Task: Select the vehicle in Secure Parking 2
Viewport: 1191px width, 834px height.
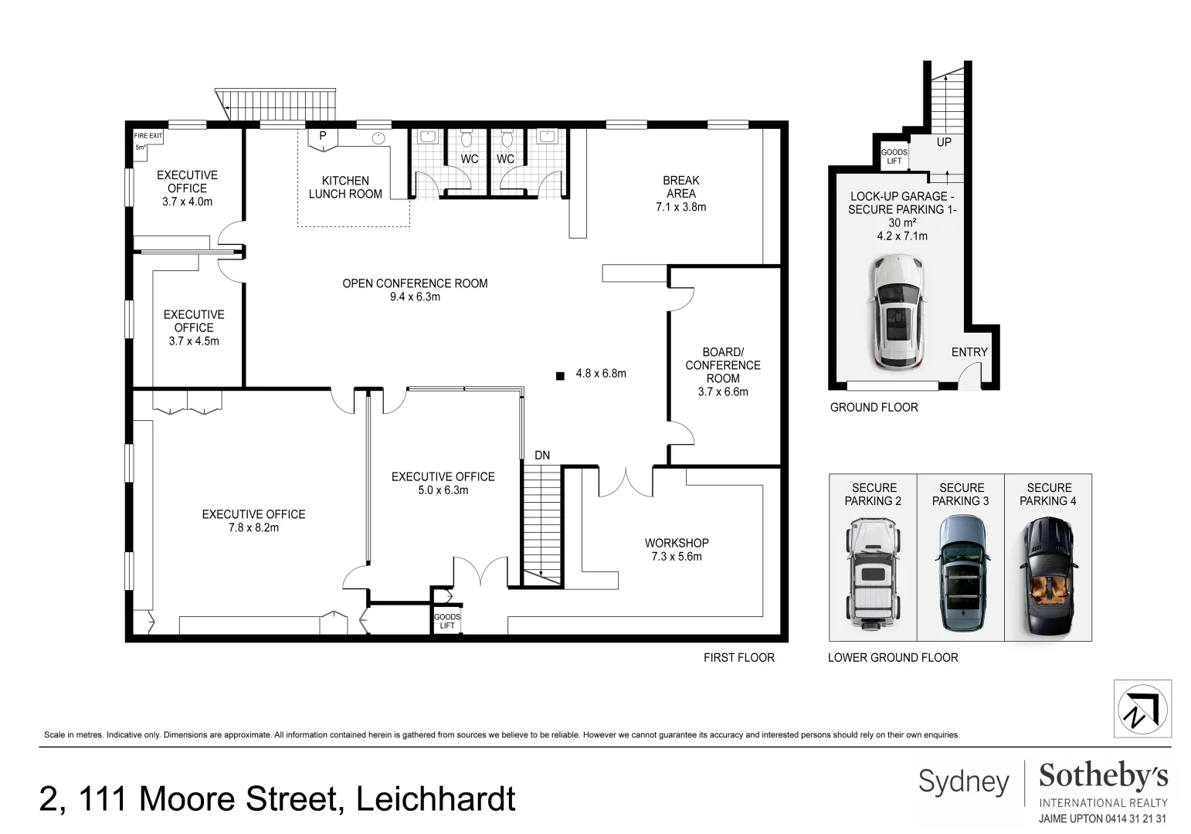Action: pos(873,575)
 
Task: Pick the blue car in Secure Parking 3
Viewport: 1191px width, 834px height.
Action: pos(961,574)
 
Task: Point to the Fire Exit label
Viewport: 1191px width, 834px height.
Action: pos(148,136)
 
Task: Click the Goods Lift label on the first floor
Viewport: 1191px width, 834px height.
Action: pos(446,621)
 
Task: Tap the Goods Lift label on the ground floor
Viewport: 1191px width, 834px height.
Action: pos(894,157)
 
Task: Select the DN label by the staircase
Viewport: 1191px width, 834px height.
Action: pos(542,456)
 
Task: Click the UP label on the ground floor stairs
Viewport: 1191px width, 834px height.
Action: pos(944,142)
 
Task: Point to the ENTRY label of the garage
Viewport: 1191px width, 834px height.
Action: pos(969,352)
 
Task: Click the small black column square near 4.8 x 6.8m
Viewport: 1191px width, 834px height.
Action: pos(559,376)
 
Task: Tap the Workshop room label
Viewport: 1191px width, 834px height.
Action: pos(677,543)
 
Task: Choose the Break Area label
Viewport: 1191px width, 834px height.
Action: pos(680,187)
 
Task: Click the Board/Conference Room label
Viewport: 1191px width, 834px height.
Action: pos(723,364)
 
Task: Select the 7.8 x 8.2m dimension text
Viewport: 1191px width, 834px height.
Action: pos(253,527)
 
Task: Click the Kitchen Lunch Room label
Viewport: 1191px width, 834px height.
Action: pos(345,187)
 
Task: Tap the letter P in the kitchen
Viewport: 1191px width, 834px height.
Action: pos(323,136)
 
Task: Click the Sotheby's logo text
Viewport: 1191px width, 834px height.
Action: pos(1103,775)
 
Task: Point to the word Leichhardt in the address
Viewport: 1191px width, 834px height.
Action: pos(436,798)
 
